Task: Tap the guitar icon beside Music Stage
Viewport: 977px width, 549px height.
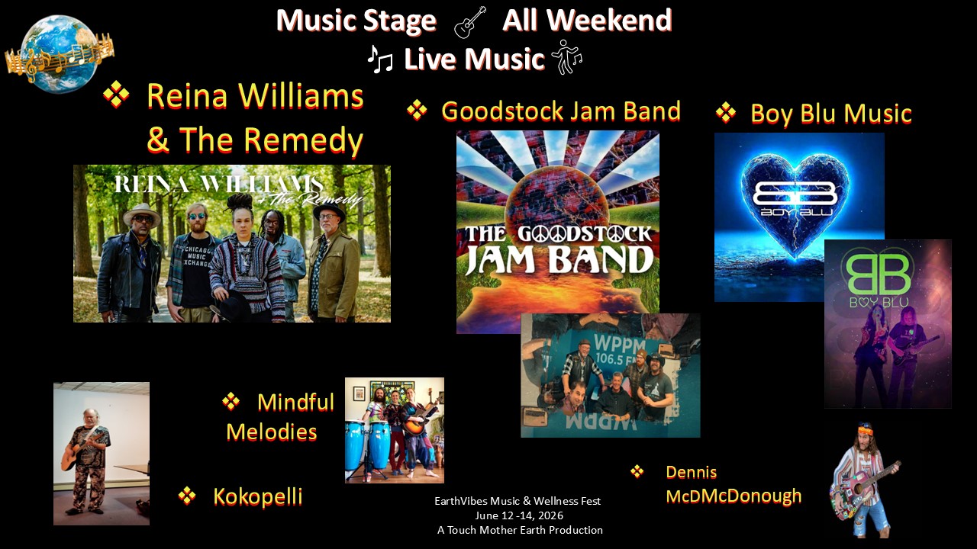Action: [469, 23]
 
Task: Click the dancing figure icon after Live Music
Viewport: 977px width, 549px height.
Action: [566, 57]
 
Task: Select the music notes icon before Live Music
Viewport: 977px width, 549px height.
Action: [380, 58]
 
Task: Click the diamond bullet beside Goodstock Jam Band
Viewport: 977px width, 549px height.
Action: [417, 111]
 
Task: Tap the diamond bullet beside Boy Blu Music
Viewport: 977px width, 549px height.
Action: [725, 114]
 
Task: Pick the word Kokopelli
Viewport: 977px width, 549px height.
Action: [258, 496]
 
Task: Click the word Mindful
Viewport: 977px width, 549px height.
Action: [295, 402]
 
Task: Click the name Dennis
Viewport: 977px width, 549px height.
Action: [691, 472]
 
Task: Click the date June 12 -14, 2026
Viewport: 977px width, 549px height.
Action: [518, 515]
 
